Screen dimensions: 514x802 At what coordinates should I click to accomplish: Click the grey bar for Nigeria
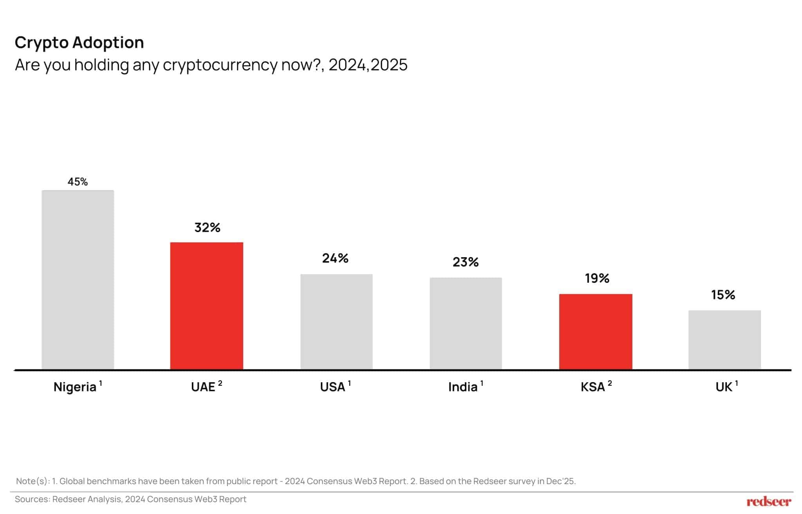78,280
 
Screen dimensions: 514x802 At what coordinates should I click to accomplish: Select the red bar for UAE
206,306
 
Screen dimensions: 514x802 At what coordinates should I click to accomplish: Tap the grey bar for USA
336,321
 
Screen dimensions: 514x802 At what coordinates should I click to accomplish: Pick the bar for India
466,323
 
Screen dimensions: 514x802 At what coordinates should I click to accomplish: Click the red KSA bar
595,332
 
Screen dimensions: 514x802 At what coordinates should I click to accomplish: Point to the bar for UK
724,340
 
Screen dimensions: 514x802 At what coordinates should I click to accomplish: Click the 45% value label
78,182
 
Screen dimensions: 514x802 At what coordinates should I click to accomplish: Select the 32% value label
207,227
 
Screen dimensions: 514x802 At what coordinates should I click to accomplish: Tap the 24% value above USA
335,258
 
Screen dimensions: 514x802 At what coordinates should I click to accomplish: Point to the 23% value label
465,262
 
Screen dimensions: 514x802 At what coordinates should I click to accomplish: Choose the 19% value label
597,278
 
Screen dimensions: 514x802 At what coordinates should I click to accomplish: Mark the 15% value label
723,295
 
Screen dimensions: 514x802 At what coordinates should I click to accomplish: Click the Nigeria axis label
75,387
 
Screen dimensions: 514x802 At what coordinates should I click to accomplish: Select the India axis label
463,387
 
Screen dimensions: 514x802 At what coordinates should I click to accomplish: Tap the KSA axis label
593,387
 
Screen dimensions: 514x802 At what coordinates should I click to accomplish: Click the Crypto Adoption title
79,42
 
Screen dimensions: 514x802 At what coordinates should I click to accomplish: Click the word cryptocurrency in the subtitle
220,65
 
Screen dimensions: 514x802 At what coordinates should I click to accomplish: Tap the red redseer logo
768,501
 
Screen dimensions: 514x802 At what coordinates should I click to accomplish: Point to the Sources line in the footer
130,499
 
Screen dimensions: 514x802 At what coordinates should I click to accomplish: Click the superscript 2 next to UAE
220,383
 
